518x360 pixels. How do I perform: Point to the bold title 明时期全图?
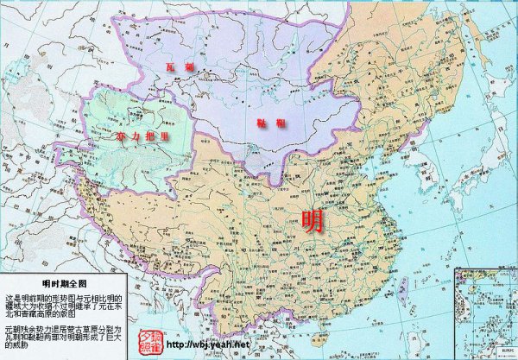point(64,282)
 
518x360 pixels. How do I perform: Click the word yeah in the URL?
point(217,344)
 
